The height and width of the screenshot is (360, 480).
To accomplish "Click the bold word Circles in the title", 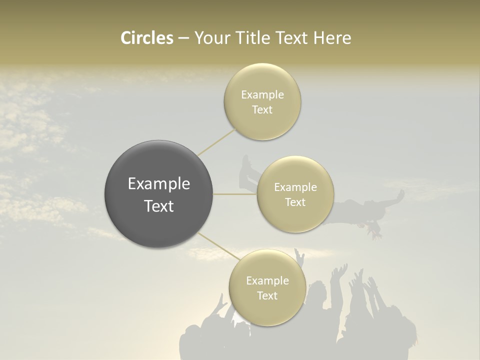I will pos(146,38).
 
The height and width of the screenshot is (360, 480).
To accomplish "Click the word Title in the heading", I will pos(253,38).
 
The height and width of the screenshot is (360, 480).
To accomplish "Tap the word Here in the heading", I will pos(332,38).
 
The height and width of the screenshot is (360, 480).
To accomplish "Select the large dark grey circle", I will pos(159,194).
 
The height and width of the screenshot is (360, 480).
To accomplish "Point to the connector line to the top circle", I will pos(216,142).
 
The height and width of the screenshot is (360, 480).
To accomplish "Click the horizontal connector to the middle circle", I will pos(234,194).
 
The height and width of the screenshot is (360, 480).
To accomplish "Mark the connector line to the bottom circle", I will pos(218,246).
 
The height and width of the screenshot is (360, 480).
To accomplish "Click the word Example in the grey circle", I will pos(159,184).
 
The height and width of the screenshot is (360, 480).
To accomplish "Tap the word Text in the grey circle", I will pos(159,206).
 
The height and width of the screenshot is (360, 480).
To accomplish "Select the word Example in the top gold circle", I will pos(262,95).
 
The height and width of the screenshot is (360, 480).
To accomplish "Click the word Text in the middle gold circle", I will pos(295,202).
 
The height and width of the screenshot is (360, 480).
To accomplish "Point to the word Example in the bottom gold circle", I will pos(267,280).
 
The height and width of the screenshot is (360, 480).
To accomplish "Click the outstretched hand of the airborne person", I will pos(400,193).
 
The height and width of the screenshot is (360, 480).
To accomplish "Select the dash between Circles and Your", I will pos(183,38).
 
